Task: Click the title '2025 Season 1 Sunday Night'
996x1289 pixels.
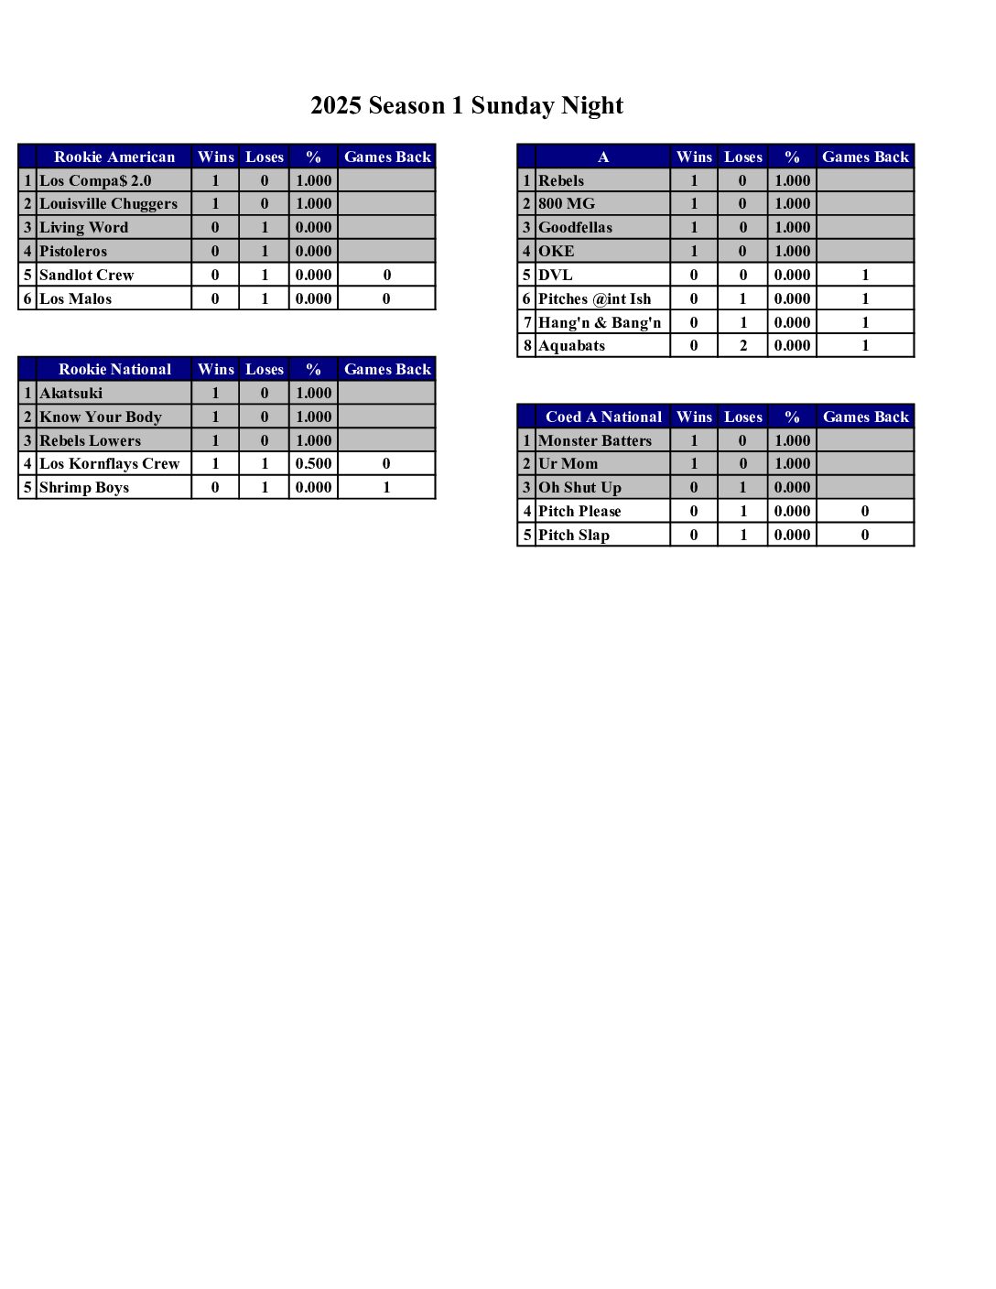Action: point(467,106)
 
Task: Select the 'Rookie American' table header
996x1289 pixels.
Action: point(114,157)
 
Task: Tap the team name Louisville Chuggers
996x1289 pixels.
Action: point(108,204)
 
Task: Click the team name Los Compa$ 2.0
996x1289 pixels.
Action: point(95,181)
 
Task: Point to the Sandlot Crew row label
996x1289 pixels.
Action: point(86,276)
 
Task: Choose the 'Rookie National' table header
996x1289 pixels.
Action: point(114,370)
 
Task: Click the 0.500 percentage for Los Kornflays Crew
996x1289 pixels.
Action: point(313,464)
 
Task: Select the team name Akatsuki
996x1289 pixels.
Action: point(70,394)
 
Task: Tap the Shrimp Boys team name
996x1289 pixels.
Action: point(84,488)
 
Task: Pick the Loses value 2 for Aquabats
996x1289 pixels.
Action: point(742,346)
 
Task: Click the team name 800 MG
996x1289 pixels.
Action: point(567,204)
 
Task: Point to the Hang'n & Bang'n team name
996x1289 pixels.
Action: point(600,322)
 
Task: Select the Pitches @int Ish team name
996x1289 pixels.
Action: point(595,299)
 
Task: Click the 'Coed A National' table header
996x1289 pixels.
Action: point(603,417)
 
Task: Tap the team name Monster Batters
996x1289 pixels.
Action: point(595,441)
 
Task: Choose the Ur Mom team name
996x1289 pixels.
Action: point(568,464)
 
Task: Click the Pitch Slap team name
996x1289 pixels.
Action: point(574,536)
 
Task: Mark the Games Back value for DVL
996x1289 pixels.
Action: point(865,276)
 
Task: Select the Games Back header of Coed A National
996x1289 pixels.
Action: point(865,417)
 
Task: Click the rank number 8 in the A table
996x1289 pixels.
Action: point(527,346)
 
